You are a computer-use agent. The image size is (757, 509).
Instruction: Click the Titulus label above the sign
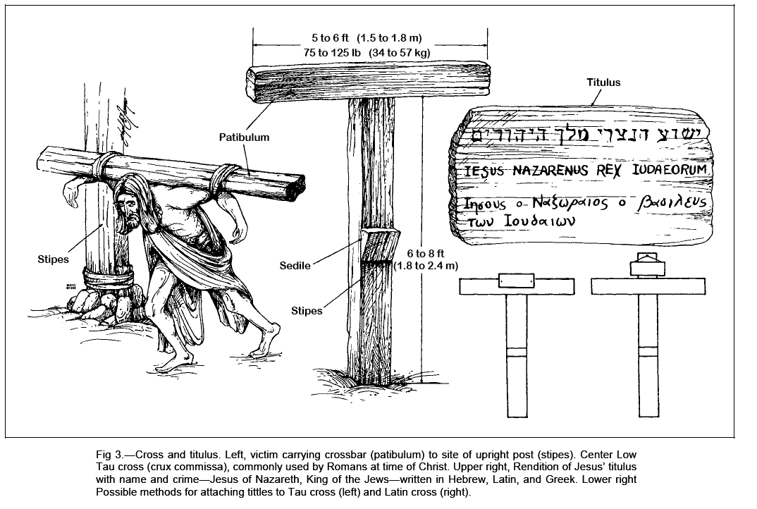[603, 82]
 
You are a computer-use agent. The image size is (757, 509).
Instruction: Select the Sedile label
[295, 266]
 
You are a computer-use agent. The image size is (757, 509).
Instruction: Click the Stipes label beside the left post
[54, 259]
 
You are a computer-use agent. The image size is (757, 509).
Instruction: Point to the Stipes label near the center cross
[307, 310]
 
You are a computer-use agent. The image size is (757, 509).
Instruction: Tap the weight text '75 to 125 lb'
[333, 52]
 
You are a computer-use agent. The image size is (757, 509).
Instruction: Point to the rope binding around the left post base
[106, 276]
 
